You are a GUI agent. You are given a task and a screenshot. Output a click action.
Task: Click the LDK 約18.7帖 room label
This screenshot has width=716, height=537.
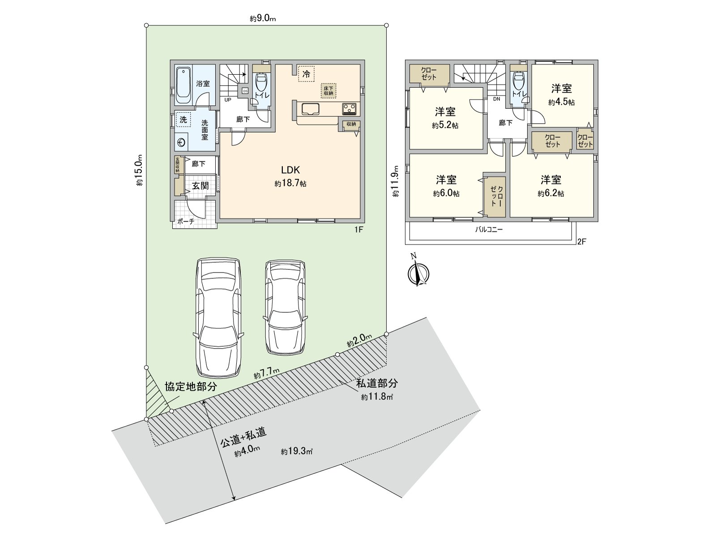[290, 176]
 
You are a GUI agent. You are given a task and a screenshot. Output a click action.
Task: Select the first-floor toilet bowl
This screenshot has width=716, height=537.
[260, 83]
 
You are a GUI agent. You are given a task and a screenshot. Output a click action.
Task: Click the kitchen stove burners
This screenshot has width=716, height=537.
[349, 108]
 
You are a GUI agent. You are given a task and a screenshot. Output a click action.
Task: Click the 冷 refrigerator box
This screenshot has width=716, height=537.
[307, 74]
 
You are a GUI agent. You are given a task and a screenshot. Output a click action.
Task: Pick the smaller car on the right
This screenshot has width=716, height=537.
[285, 307]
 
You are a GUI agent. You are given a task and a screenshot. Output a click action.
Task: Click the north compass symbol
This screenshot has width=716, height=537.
[419, 273]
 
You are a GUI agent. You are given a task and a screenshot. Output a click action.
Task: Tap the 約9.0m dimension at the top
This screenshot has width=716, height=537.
[263, 18]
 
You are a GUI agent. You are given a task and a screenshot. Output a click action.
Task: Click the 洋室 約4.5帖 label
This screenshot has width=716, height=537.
[562, 94]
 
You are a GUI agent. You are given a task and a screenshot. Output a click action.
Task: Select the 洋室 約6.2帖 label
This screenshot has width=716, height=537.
[551, 186]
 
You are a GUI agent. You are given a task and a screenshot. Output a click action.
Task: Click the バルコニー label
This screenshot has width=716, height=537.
[489, 230]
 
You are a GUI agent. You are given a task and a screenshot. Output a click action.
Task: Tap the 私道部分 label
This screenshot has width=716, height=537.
[377, 383]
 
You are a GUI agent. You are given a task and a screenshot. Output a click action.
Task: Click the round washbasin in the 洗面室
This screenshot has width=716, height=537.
[181, 142]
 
